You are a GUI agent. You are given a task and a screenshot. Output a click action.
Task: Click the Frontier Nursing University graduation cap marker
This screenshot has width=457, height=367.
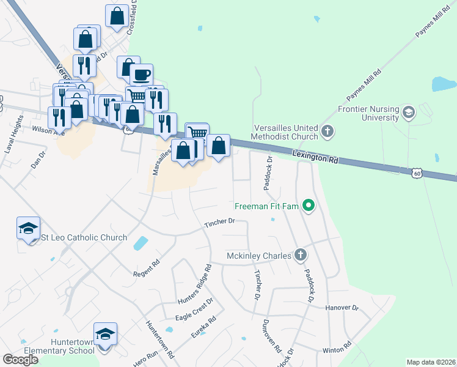point(409,113)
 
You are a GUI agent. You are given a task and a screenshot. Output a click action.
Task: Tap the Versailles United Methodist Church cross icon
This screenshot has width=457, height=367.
point(327,130)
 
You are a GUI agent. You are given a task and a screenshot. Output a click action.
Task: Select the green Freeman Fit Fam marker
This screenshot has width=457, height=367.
point(309,206)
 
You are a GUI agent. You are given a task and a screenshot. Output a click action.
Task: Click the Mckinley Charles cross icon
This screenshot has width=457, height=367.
point(299,255)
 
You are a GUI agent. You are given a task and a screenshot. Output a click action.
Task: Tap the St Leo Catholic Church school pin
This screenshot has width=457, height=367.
point(28,229)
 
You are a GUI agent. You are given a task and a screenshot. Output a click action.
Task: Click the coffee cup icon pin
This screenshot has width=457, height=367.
point(141,76)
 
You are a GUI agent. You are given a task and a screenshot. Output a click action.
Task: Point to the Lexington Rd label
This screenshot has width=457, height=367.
point(315,157)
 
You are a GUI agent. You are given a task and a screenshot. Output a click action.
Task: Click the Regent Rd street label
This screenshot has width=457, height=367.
point(147,270)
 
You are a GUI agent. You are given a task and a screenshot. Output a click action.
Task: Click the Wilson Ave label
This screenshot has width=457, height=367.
point(48,130)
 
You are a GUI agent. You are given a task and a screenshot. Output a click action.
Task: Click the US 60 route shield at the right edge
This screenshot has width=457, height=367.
point(417,174)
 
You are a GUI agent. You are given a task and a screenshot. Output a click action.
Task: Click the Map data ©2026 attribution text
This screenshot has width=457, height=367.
point(431,362)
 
